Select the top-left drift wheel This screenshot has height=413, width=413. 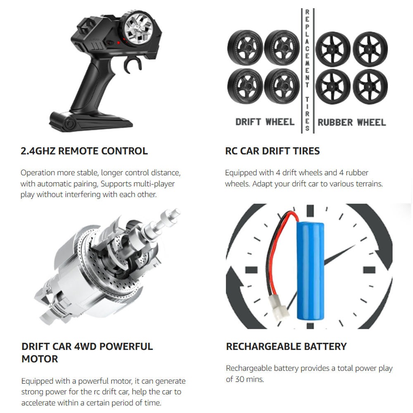coord(245,48)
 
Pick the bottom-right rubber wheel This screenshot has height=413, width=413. coord(370,87)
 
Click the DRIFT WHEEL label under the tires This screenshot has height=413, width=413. coord(265,122)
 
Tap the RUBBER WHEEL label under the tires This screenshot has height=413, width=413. coord(351,122)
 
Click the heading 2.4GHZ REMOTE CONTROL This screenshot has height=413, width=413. coord(84,151)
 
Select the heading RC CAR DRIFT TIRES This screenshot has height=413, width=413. coord(272,151)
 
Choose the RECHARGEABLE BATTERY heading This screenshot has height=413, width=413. coord(286,347)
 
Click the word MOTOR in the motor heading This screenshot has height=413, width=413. coord(40,359)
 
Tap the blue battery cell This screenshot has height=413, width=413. coord(310,271)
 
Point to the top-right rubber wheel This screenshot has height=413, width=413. coord(370,49)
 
